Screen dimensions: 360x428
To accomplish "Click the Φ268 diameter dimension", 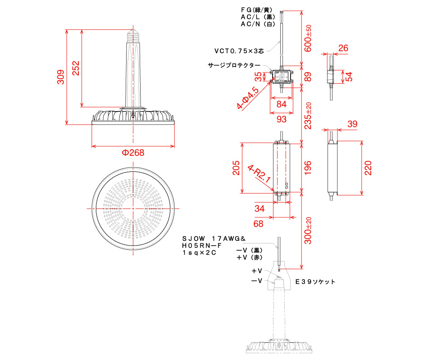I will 133,153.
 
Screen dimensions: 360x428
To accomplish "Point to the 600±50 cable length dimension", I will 309,38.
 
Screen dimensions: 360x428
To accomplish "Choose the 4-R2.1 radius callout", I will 259,173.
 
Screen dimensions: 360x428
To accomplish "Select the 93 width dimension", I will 281,119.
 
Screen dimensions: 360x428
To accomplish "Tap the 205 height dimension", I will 236,167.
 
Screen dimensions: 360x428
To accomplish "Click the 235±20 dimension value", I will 309,116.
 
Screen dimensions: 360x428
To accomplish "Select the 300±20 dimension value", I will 309,230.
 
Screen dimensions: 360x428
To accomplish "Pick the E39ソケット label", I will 315,281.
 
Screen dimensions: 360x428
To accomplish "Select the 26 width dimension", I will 343,48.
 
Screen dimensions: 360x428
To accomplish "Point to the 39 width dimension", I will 352,124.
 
